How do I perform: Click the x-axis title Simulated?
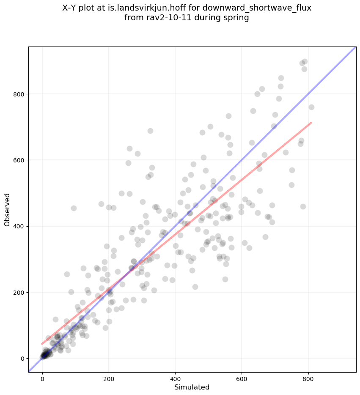pyautogui.click(x=192, y=387)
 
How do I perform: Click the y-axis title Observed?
pyautogui.click(x=7, y=209)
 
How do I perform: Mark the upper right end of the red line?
pyautogui.click(x=311, y=123)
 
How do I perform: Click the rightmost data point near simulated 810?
pyautogui.click(x=311, y=107)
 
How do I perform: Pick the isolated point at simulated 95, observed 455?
pyautogui.click(x=74, y=208)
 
